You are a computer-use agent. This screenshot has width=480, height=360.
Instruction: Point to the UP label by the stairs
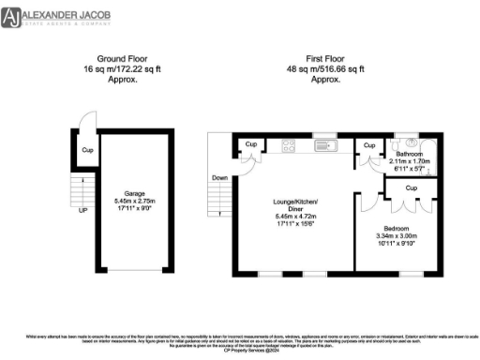click(82, 211)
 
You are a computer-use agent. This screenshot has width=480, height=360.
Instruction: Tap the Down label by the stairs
click(218, 178)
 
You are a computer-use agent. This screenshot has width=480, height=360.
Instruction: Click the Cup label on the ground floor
click(87, 150)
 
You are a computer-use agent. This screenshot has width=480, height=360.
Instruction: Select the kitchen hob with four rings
click(289, 144)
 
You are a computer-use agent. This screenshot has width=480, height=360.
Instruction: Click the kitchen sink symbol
click(324, 145)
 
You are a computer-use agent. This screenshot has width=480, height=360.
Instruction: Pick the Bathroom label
click(410, 154)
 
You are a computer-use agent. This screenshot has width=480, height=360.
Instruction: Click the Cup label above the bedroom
click(411, 187)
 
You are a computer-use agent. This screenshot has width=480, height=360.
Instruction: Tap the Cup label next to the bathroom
click(369, 146)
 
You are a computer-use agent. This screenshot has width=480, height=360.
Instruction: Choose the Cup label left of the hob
click(251, 144)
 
